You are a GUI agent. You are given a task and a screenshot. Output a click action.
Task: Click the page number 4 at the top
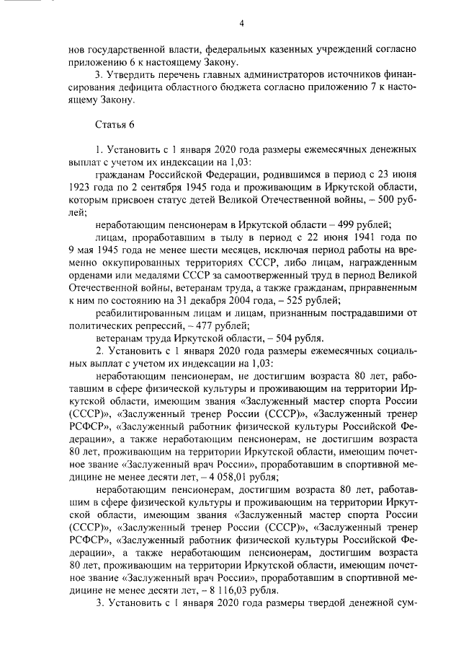click(x=242, y=24)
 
